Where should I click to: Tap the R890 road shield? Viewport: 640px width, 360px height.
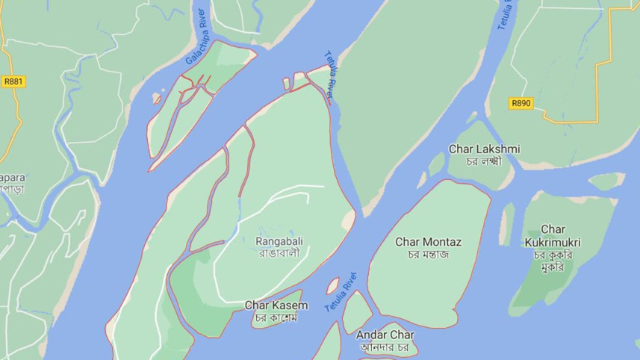pos(521,104)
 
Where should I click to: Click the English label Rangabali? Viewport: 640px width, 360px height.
pos(280,240)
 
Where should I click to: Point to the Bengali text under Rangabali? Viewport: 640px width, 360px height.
pos(280,253)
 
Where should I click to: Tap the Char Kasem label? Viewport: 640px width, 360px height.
pos(276,305)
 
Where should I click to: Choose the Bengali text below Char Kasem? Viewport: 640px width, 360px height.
pos(276,318)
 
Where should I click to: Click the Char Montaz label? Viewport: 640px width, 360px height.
pos(428,242)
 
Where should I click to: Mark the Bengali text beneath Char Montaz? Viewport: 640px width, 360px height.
pos(428,255)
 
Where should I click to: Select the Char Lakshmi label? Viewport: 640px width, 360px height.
pos(484,149)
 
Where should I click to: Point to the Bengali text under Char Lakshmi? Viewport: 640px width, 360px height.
pos(484,161)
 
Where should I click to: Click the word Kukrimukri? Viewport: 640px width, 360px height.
pos(552,242)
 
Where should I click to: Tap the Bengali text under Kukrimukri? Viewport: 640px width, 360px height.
pos(552,261)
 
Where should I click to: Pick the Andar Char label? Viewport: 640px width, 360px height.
pos(385,335)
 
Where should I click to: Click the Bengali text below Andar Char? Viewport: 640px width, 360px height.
pos(385,347)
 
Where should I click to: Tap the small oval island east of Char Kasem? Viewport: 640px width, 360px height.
pos(332,285)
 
